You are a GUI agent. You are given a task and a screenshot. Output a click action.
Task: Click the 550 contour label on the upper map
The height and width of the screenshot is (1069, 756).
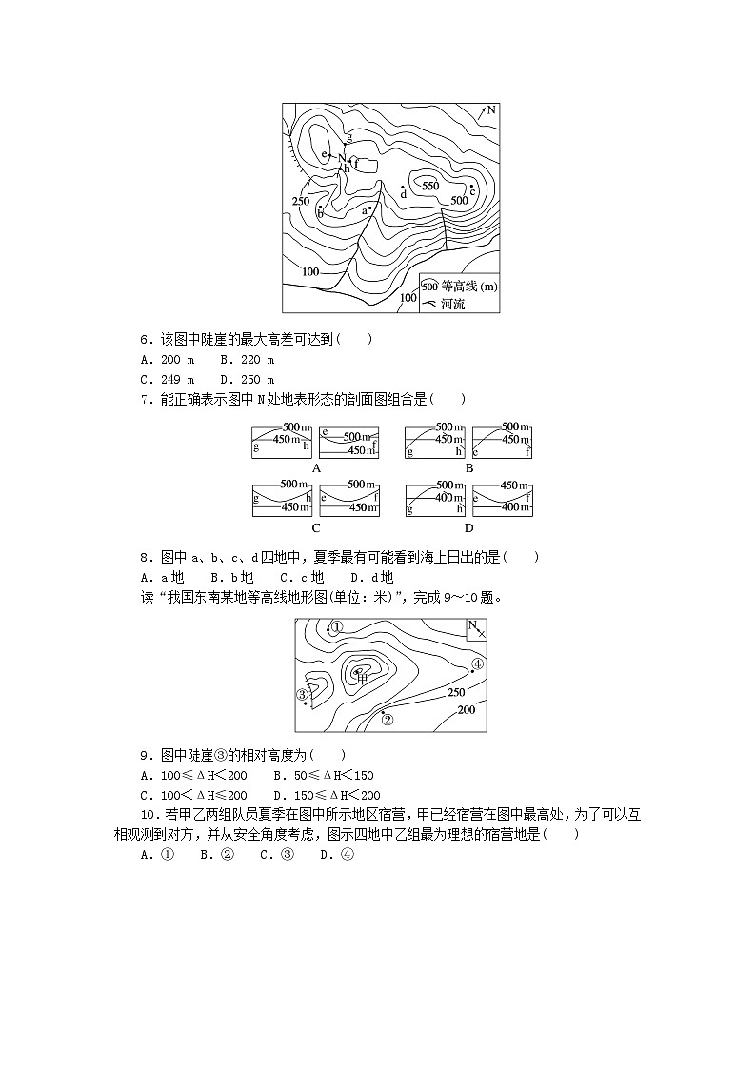click(x=430, y=187)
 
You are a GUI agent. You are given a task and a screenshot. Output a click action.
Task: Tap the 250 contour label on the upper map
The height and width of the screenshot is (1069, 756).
click(x=301, y=201)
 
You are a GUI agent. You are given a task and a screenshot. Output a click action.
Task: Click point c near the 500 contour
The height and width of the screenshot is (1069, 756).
click(x=472, y=189)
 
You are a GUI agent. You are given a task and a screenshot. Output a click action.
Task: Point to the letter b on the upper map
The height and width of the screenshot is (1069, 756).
click(x=320, y=213)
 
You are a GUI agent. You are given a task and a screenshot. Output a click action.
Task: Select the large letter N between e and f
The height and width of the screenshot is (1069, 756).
click(x=342, y=159)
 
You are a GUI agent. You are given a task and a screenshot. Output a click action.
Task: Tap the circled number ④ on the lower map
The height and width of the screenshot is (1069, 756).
click(x=478, y=663)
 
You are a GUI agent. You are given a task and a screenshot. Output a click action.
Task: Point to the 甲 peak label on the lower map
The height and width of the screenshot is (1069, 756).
click(x=362, y=675)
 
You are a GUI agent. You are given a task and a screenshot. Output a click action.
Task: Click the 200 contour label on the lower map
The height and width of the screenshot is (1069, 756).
click(x=467, y=710)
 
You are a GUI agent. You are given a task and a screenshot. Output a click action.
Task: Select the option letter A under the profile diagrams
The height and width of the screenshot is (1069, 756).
click(x=315, y=467)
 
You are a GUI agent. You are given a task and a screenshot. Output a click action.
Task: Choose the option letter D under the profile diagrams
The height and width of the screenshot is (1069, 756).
click(x=468, y=527)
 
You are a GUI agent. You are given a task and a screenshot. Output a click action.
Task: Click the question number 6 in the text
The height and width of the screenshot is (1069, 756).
click(x=144, y=339)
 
